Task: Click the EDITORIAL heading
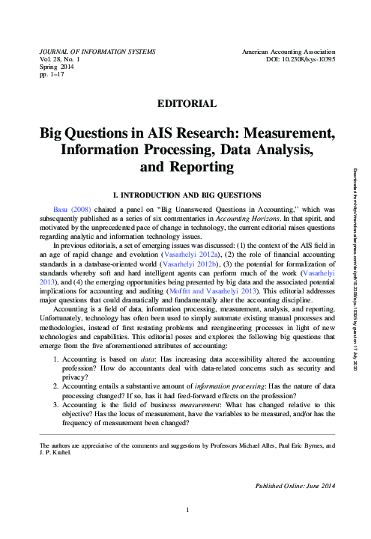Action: pos(185,103)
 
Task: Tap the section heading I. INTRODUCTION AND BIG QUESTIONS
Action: pos(185,194)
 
